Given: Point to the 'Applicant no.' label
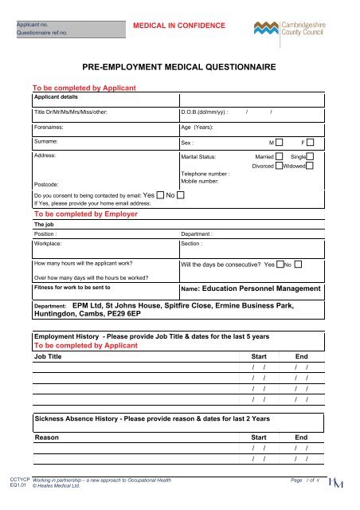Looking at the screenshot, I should [35, 25].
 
